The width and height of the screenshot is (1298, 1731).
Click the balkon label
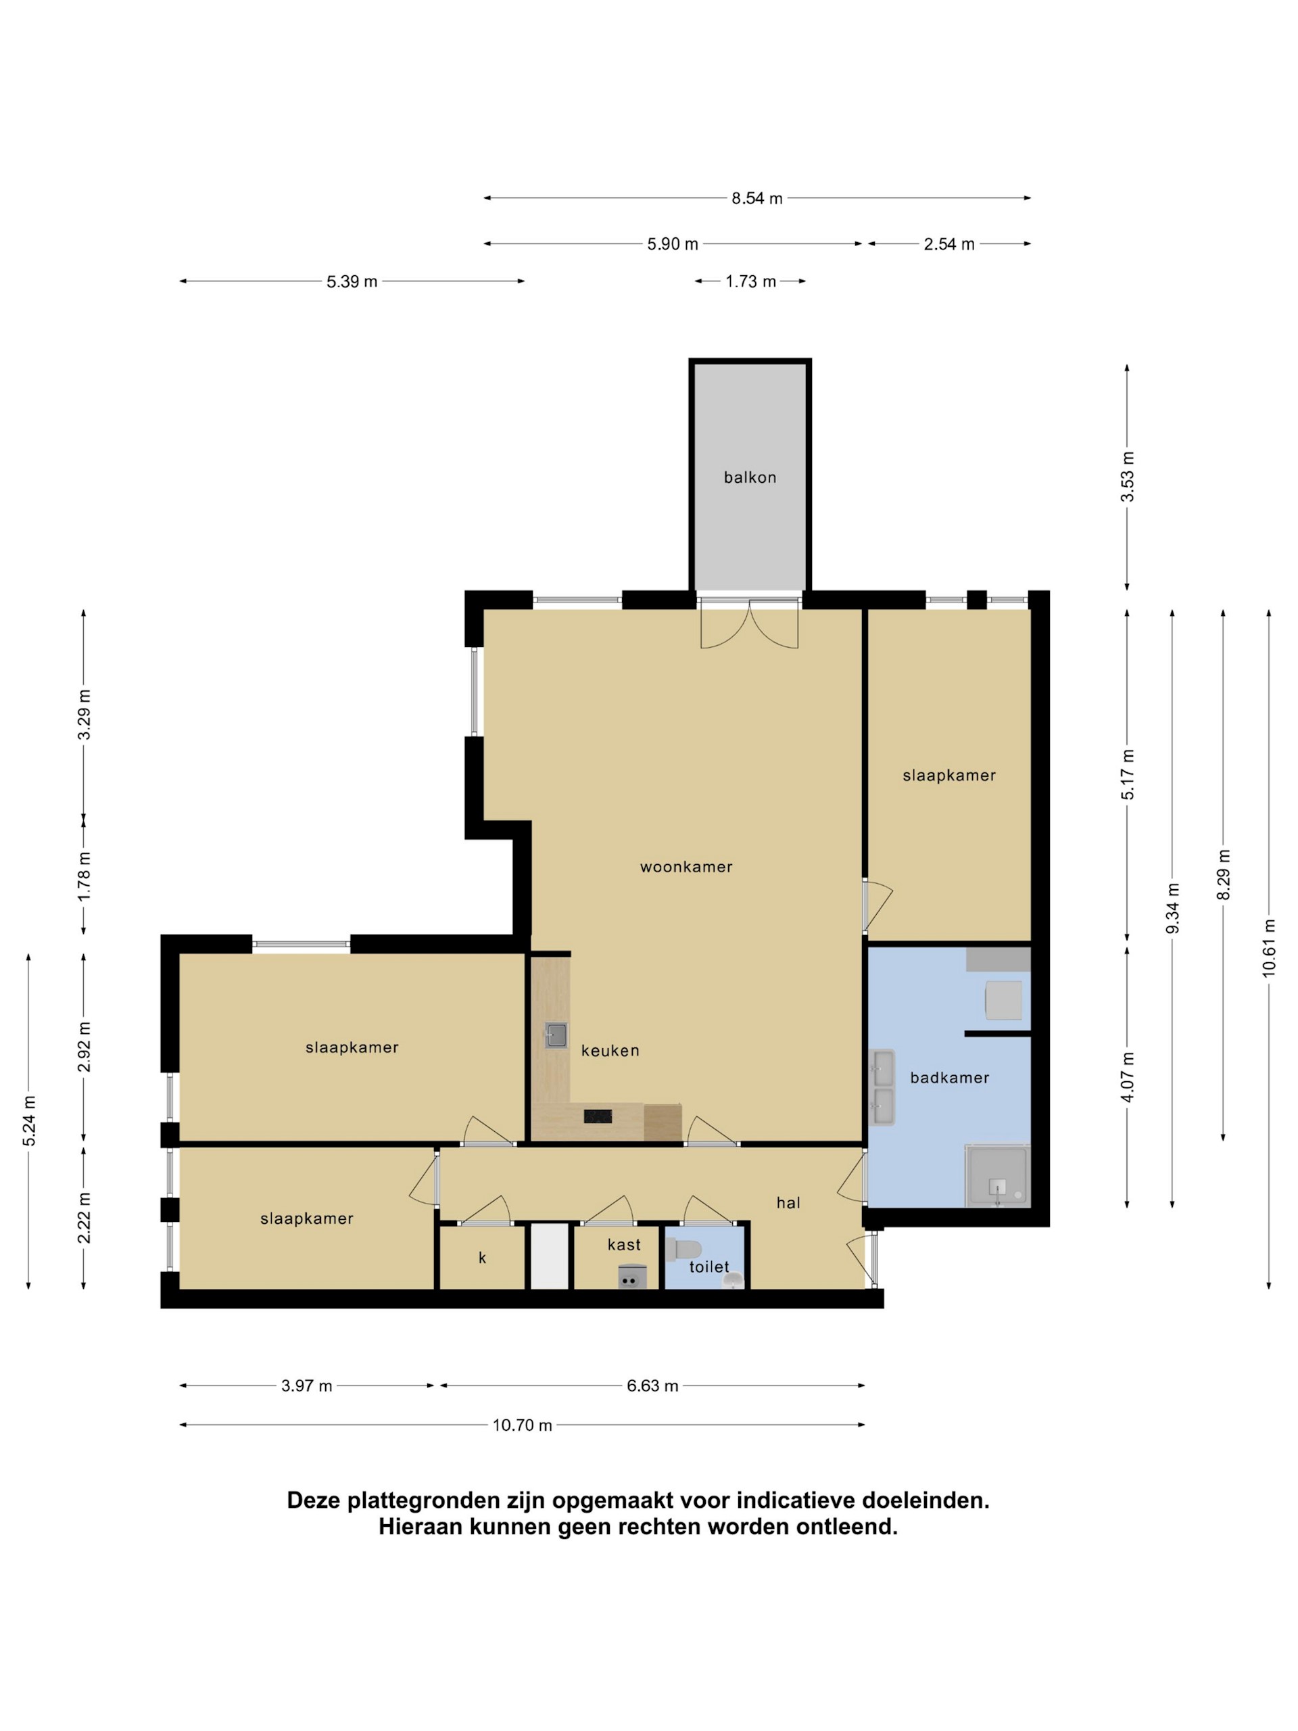(x=749, y=477)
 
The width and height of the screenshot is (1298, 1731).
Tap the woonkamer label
(x=686, y=866)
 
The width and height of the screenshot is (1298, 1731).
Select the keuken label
(x=610, y=1051)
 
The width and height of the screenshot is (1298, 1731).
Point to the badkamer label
(x=949, y=1078)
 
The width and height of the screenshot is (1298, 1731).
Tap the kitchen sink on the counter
(x=556, y=1035)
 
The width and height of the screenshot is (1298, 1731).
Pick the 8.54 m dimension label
(x=756, y=199)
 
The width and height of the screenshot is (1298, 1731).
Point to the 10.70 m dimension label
(x=522, y=1425)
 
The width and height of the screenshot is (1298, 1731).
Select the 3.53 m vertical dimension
(x=1127, y=477)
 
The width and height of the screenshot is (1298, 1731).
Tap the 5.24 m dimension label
(x=29, y=1121)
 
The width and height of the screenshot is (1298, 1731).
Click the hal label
(x=788, y=1203)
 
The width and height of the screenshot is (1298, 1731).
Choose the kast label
(x=623, y=1244)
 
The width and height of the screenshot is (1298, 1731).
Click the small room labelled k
(x=482, y=1258)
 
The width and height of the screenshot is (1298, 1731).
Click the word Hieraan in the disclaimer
(x=419, y=1527)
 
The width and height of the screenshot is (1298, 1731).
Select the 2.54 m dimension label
(x=948, y=244)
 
